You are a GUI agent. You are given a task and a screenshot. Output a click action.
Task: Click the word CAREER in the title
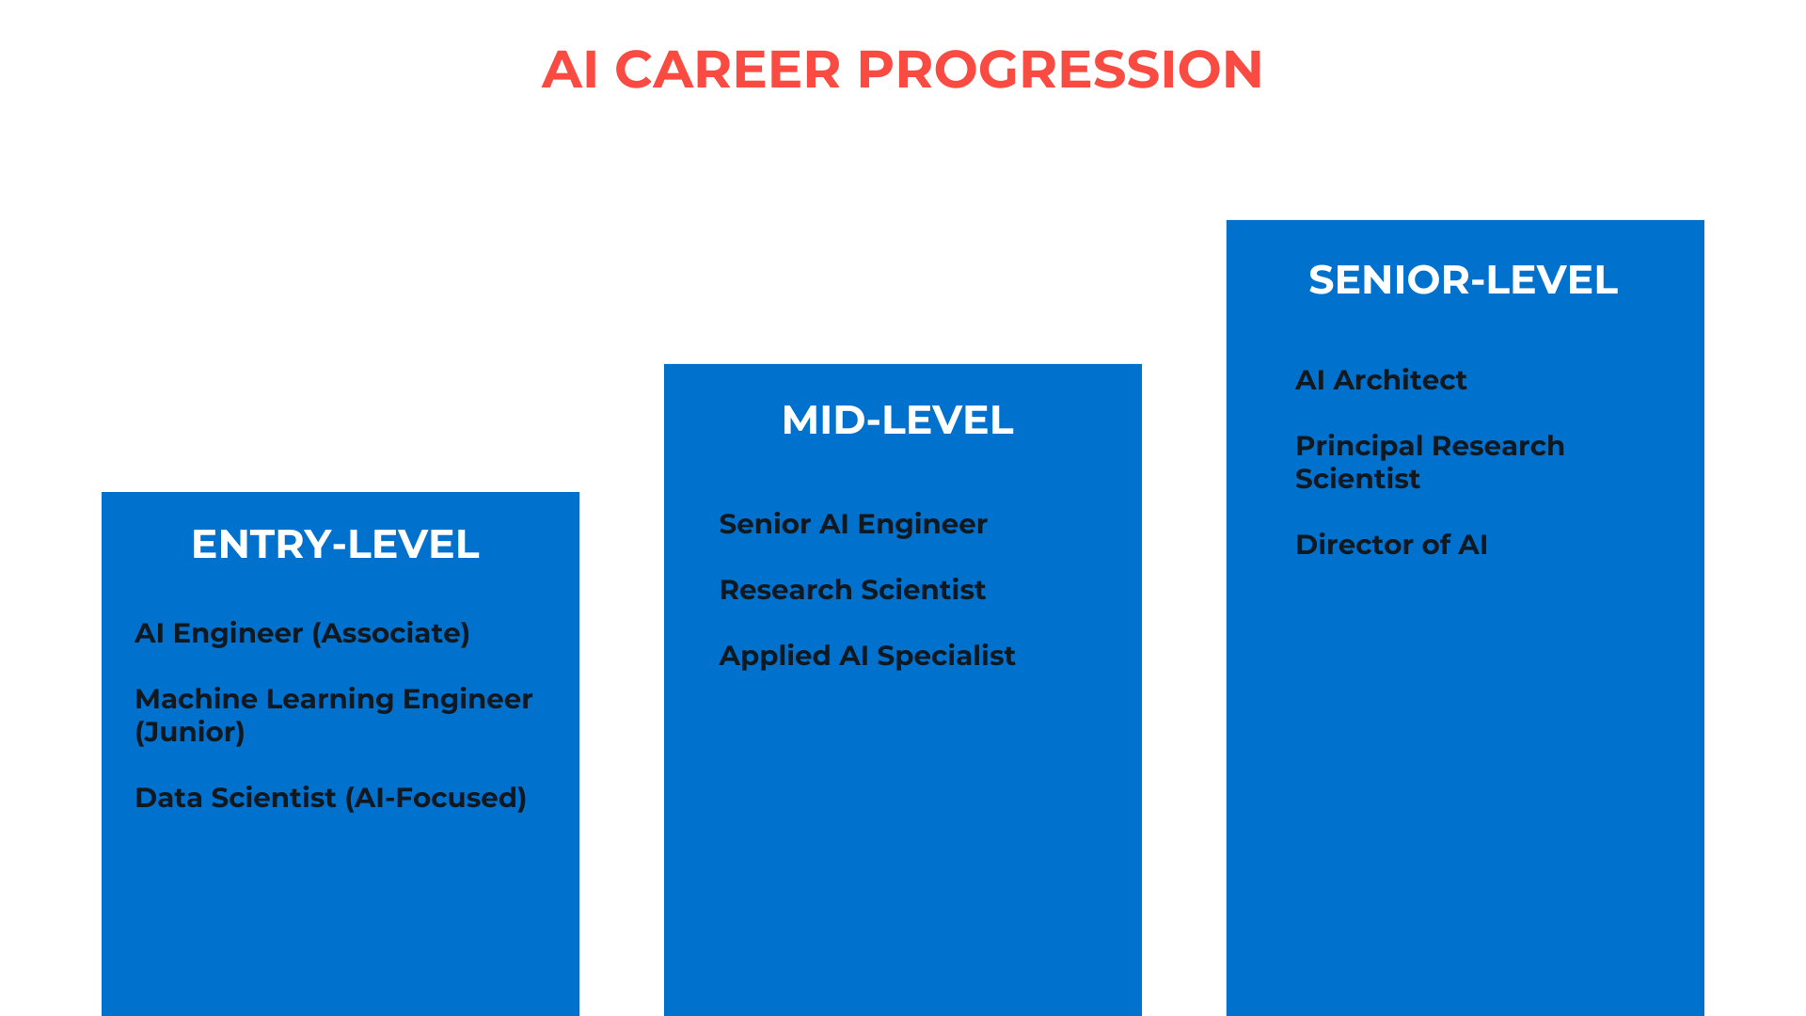point(727,70)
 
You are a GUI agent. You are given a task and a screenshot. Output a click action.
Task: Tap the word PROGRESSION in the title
point(1059,70)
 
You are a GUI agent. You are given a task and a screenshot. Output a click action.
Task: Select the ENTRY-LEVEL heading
point(336,545)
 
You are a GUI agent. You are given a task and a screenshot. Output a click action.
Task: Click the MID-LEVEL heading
point(898,421)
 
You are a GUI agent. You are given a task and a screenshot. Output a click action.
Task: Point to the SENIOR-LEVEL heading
point(1464,280)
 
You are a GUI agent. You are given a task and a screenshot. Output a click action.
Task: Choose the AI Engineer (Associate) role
point(302,633)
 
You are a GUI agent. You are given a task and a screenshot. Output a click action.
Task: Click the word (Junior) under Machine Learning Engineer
point(190,732)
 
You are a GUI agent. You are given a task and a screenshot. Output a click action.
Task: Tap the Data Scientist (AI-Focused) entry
point(331,798)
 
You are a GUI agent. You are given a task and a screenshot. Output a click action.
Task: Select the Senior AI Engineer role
point(853,524)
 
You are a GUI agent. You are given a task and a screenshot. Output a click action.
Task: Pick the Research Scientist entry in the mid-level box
point(852,590)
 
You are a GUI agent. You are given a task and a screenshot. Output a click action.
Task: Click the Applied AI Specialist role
point(867,656)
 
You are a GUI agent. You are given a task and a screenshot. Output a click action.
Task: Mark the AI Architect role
point(1381,380)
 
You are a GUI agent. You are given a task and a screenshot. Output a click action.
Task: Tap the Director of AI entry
point(1392,545)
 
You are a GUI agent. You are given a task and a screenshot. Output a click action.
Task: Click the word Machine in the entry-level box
point(197,699)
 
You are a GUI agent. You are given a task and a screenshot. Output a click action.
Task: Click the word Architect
point(1401,380)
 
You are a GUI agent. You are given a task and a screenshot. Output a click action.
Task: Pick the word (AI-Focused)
point(436,798)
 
